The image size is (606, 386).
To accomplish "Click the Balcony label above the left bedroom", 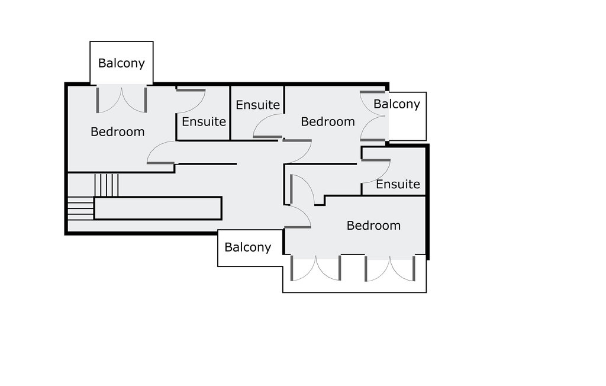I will (x=121, y=63).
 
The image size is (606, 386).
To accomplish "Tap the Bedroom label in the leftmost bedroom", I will (x=117, y=131).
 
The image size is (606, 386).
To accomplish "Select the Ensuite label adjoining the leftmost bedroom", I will (x=204, y=121).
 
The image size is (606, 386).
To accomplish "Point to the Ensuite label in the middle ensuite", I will (x=257, y=105).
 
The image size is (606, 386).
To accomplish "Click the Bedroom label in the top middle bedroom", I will (x=328, y=121).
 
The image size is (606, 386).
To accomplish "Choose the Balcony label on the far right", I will (x=397, y=104).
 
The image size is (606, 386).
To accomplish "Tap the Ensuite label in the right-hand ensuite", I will (x=398, y=184).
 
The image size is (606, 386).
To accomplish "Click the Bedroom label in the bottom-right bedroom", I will (x=373, y=226).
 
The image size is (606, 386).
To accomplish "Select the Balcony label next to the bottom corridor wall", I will (x=248, y=247).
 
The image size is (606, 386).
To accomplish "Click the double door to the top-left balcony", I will (x=121, y=99).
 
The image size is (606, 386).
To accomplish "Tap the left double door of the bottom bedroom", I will (x=315, y=268).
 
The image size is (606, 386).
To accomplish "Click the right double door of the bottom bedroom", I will (x=389, y=268).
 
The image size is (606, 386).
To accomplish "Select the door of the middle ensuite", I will (x=267, y=126).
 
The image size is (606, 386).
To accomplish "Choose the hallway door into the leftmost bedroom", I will (x=162, y=153).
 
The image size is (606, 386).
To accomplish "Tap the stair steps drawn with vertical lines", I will (x=107, y=185).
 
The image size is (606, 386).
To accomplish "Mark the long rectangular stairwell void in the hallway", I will (x=158, y=208).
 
